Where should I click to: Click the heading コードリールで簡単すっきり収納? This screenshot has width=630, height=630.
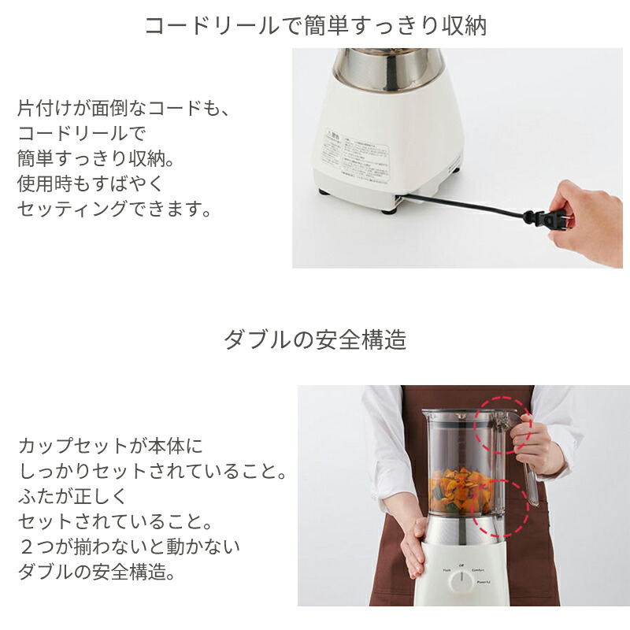tap(315, 25)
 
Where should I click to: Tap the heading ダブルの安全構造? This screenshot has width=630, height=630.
tap(315, 339)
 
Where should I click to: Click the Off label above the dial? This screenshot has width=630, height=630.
tap(461, 565)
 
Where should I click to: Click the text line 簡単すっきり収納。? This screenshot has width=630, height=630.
tap(95, 158)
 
